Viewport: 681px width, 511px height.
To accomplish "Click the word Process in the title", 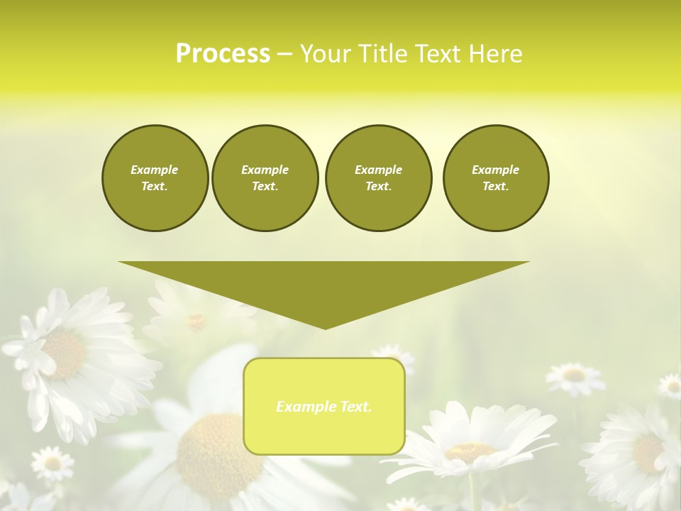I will (223, 54).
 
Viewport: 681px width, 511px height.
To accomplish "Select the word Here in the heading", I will (496, 54).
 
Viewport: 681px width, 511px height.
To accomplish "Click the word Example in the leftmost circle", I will (155, 170).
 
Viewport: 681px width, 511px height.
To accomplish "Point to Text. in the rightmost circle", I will (496, 187).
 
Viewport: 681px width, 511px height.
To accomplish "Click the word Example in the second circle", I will (265, 170).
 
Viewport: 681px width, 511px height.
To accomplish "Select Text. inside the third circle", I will (378, 187).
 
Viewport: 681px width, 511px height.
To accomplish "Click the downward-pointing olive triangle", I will (324, 284).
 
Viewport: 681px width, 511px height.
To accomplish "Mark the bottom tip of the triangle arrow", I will (325, 328).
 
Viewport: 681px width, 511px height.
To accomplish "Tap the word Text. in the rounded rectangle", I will (354, 407).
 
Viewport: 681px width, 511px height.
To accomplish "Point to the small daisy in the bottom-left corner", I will (52, 463).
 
